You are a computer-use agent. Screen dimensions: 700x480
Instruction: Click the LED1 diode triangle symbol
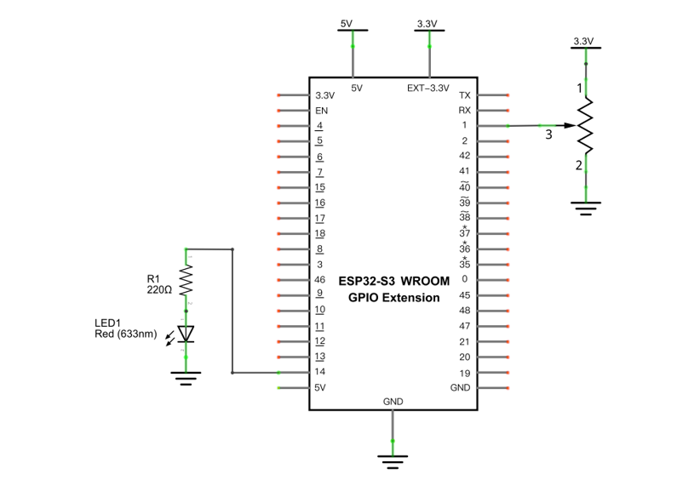pos(186,334)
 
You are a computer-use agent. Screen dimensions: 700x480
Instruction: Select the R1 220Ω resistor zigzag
pos(186,280)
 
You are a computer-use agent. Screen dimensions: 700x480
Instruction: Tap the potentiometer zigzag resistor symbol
pos(586,126)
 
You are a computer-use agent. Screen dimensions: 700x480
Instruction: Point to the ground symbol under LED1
pos(186,378)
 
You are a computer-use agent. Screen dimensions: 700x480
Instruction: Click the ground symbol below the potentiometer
pos(586,209)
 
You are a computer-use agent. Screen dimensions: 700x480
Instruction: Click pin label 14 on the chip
pos(319,372)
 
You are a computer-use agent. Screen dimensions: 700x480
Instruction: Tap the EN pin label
pos(321,111)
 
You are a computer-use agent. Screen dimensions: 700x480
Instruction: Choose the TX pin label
pos(465,95)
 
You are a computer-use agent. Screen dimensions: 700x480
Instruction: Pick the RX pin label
pos(465,110)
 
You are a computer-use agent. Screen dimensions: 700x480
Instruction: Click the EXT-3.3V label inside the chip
pos(428,89)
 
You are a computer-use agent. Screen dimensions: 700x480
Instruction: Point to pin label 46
pos(319,280)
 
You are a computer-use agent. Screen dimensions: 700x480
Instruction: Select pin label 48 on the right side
pos(465,311)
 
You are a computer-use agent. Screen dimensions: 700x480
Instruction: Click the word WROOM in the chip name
pos(425,281)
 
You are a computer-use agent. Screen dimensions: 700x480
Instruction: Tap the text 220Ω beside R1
pos(159,290)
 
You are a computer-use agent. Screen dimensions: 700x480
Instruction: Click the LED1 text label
pos(107,323)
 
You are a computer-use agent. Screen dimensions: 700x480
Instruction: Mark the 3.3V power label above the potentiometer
pos(583,42)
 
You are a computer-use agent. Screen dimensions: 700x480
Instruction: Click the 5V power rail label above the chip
pos(347,24)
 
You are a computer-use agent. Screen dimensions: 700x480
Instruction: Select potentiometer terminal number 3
pos(548,134)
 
